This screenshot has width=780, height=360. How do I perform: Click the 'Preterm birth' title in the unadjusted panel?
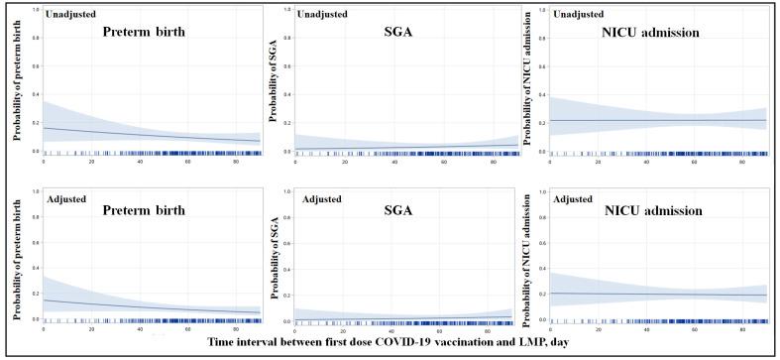coord(151,31)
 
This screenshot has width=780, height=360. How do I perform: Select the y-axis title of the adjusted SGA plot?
coord(274,261)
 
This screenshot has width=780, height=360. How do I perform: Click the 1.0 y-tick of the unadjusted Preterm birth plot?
coord(35,11)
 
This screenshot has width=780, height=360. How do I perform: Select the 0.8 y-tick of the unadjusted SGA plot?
coord(286,41)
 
